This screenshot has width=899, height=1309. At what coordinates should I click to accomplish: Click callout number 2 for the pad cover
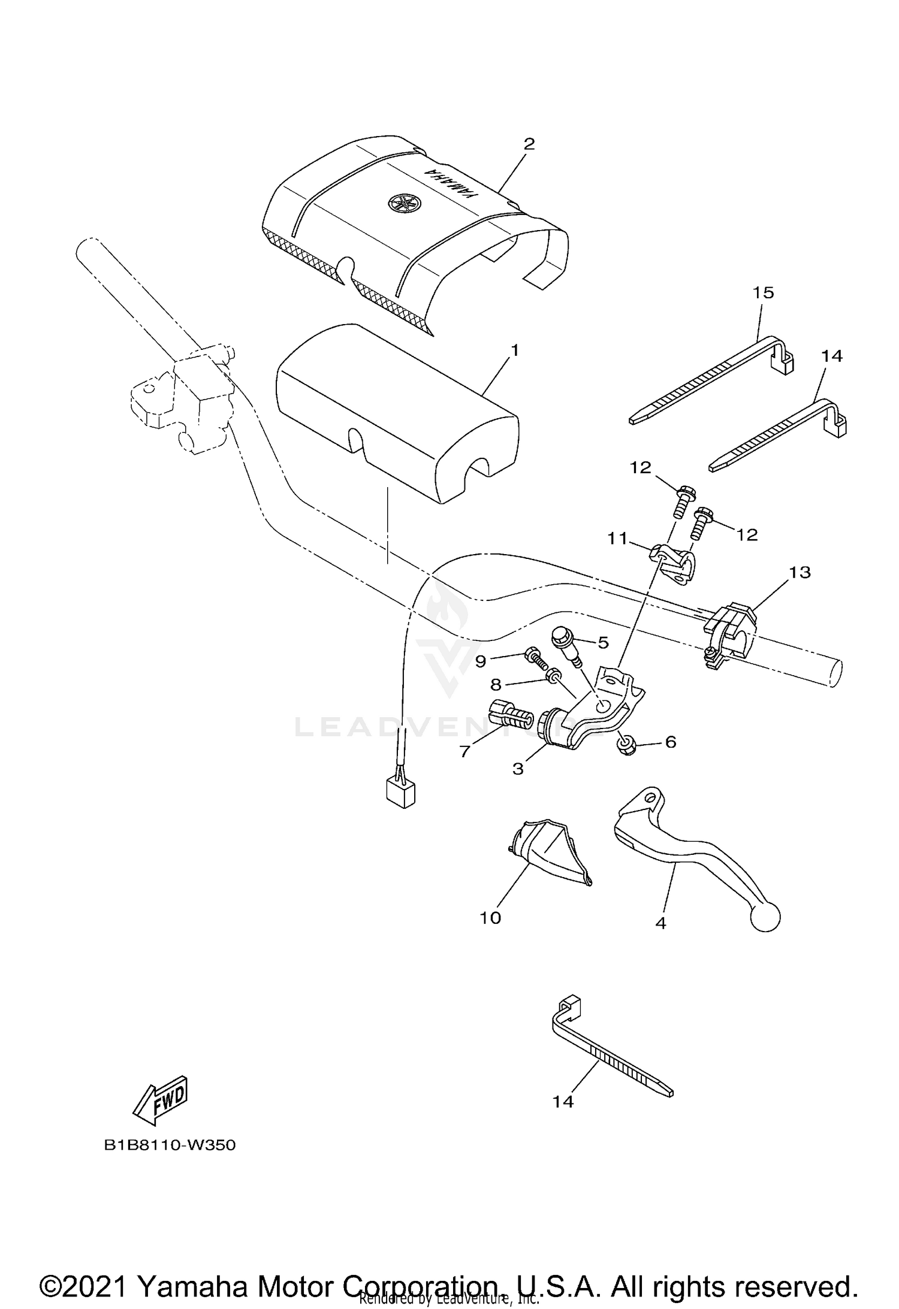(529, 144)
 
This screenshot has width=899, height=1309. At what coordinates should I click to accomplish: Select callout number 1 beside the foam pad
(514, 350)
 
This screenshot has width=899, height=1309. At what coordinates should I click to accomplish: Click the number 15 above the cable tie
(764, 293)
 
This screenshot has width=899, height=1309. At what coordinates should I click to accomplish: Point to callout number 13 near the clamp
(800, 572)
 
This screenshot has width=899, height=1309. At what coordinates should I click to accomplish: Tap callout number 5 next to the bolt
(603, 643)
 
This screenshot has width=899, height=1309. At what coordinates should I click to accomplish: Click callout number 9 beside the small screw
(481, 661)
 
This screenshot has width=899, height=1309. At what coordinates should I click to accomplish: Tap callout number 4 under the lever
(660, 923)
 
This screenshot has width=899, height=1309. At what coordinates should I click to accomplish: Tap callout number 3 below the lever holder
(518, 769)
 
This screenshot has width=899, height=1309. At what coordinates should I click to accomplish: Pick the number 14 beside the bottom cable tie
(563, 1101)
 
